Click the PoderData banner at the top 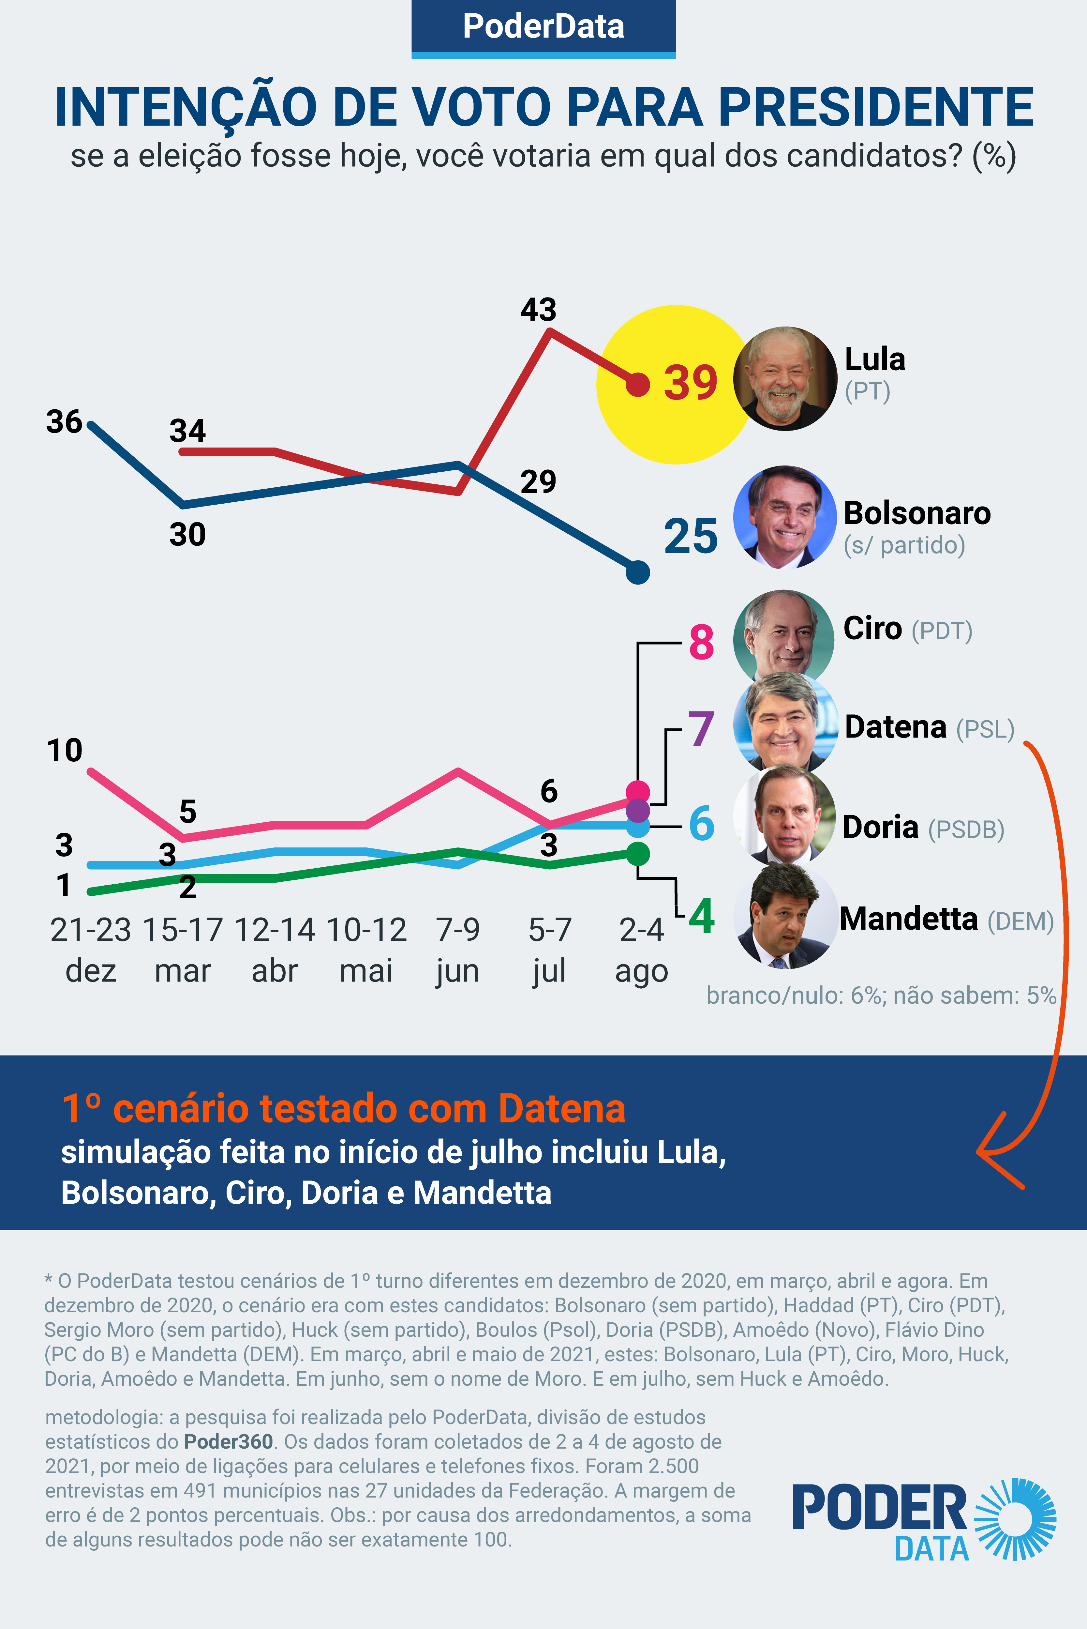[543, 28]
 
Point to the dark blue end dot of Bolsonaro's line [638, 572]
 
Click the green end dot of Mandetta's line [638, 854]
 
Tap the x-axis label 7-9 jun [457, 950]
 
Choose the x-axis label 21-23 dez [91, 950]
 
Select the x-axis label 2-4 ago [641, 950]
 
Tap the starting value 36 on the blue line [65, 422]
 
